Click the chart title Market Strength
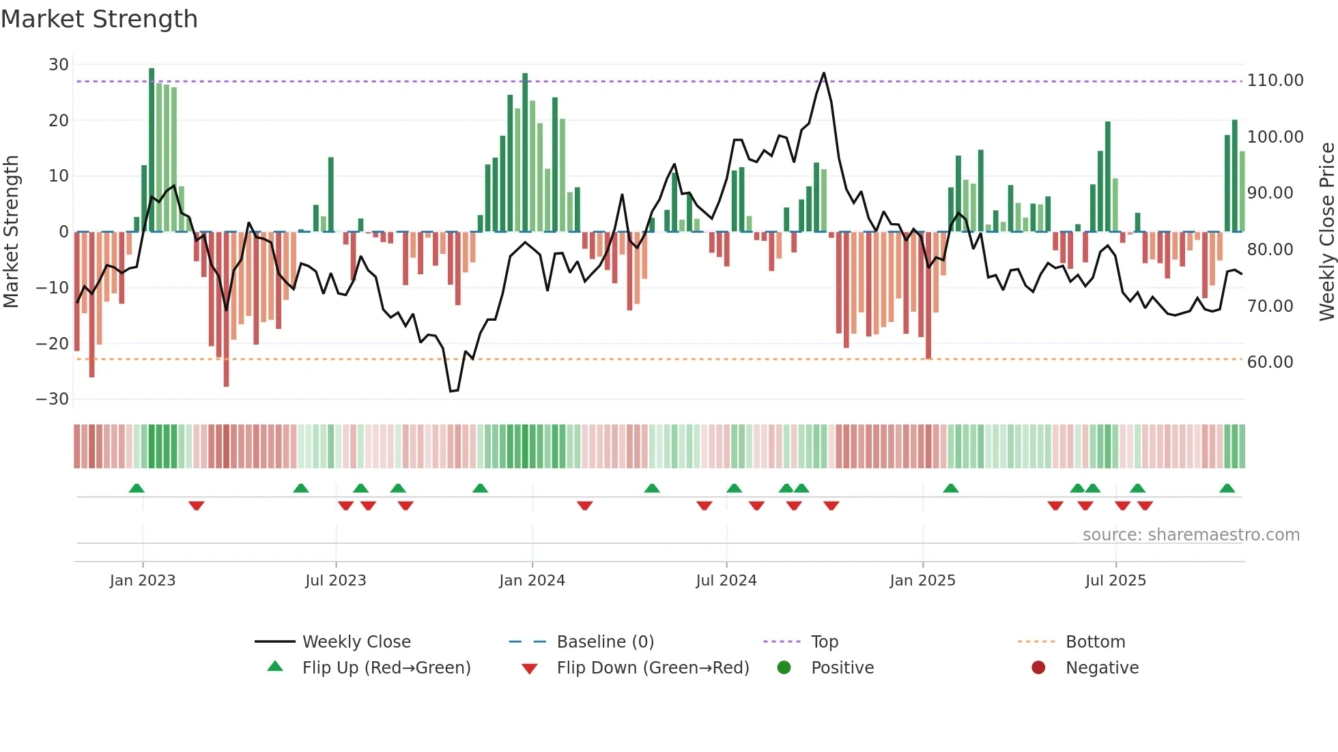coord(99,19)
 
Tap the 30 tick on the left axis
coord(59,65)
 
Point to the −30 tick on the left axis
coord(53,399)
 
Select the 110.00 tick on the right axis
coord(1275,81)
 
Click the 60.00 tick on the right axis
coord(1270,362)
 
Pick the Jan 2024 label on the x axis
coord(532,581)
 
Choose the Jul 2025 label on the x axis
coord(1115,581)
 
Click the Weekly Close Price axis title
coord(1326,232)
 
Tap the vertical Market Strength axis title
coord(11,232)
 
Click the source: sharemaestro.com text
coord(1191,535)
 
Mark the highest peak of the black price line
coord(823,73)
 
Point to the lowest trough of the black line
coord(451,391)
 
